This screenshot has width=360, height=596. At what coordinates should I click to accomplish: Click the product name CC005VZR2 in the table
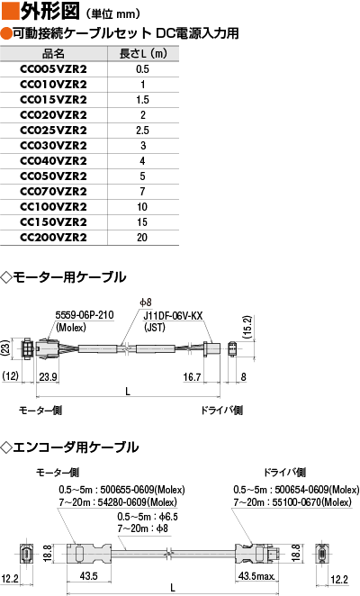(53, 69)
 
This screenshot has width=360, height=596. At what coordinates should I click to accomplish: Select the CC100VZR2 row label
(53, 207)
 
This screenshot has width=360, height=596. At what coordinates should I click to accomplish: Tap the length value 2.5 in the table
(142, 131)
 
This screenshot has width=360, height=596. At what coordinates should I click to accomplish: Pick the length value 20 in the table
(142, 238)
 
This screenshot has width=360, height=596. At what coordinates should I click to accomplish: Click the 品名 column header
(53, 54)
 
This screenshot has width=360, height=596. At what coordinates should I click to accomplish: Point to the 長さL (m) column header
(143, 54)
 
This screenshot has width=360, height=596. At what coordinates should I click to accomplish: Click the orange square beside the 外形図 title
(10, 11)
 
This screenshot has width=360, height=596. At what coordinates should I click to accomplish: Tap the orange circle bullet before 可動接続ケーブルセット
(6, 33)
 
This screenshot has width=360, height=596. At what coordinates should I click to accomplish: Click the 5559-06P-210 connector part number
(85, 315)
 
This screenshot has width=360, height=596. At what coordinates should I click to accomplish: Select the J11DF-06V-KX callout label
(173, 316)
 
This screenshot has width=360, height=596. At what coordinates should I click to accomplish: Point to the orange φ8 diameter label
(146, 303)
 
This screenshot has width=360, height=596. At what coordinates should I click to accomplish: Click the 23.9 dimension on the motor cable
(49, 376)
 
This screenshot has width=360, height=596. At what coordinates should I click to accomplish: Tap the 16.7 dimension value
(192, 376)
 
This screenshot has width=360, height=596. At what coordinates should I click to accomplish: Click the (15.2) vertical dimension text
(247, 328)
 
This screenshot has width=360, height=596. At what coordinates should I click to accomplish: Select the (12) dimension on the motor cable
(10, 376)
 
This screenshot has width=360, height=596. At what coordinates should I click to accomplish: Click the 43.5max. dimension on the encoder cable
(256, 576)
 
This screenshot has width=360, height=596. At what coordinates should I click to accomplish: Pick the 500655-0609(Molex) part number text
(142, 490)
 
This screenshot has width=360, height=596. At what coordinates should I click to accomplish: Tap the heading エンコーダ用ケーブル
(76, 447)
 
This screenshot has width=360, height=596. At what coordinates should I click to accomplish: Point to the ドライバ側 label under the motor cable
(222, 411)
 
